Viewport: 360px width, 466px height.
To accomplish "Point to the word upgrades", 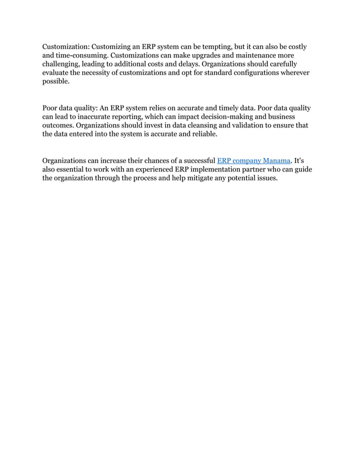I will click(x=215, y=56).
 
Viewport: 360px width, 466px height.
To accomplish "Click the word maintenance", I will click(x=259, y=56).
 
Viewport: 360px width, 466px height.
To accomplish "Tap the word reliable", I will click(x=200, y=134).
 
